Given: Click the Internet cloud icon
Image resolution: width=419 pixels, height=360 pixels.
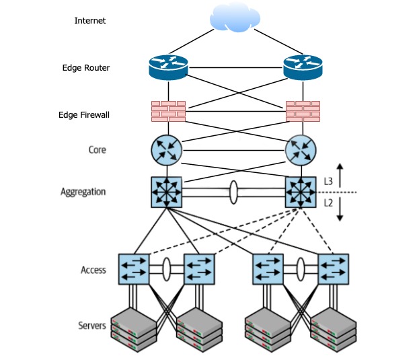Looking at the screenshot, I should [235, 20].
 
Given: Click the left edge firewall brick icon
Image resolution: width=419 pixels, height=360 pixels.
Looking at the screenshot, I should [168, 112].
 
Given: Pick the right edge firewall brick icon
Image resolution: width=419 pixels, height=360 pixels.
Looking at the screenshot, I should [303, 112].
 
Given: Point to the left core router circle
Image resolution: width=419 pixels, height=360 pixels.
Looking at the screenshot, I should [167, 150].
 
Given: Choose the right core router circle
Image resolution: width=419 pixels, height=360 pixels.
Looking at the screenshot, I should [301, 150].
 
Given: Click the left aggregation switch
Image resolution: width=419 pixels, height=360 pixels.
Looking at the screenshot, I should [167, 192].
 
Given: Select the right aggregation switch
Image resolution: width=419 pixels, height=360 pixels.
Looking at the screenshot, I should [301, 192].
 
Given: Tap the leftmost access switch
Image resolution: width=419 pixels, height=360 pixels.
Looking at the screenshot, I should [133, 269].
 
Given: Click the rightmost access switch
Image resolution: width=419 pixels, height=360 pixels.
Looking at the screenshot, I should [334, 269].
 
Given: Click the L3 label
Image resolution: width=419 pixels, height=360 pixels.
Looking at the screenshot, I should [328, 181].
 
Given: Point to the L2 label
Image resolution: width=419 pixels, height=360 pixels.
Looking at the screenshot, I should [328, 203].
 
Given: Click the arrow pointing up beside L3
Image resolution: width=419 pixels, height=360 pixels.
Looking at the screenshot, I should [341, 174].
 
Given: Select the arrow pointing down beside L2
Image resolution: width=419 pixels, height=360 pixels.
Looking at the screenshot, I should [341, 211].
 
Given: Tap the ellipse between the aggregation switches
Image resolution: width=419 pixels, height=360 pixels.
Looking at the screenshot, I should [233, 192].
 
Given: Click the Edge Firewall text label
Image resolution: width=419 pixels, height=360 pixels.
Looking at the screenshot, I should [84, 115].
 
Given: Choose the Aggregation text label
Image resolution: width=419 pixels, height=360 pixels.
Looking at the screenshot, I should [83, 192].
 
